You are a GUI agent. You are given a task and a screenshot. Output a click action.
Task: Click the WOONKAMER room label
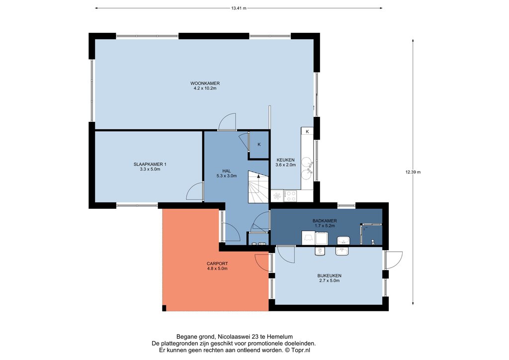[205, 84]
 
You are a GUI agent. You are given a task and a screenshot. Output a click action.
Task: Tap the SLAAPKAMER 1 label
[150, 164]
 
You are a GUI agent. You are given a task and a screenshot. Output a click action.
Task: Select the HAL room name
[227, 171]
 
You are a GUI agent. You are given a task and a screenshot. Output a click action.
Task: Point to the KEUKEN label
[286, 160]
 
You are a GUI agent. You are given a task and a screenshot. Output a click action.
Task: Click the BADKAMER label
[325, 221]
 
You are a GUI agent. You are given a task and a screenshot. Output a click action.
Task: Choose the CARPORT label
[217, 264]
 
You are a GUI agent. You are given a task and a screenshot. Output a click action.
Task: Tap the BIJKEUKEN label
[329, 275]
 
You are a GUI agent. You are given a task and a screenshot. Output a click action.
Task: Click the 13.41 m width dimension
[239, 8]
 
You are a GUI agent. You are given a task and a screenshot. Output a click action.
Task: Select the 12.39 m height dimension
[413, 172]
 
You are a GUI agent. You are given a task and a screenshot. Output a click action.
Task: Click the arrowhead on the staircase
[258, 176]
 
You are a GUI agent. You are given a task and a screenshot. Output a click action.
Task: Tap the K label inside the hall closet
[259, 145]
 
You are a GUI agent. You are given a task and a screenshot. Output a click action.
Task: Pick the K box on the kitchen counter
[307, 131]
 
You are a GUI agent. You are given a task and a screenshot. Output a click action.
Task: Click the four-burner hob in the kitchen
[290, 196]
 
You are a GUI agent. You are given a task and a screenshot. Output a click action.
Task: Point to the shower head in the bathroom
[373, 242]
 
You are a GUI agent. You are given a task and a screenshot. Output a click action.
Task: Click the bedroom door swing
[195, 191]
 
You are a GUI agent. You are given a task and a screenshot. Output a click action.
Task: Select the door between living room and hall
[227, 122]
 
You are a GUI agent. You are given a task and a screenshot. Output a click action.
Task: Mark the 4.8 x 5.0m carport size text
[217, 269]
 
